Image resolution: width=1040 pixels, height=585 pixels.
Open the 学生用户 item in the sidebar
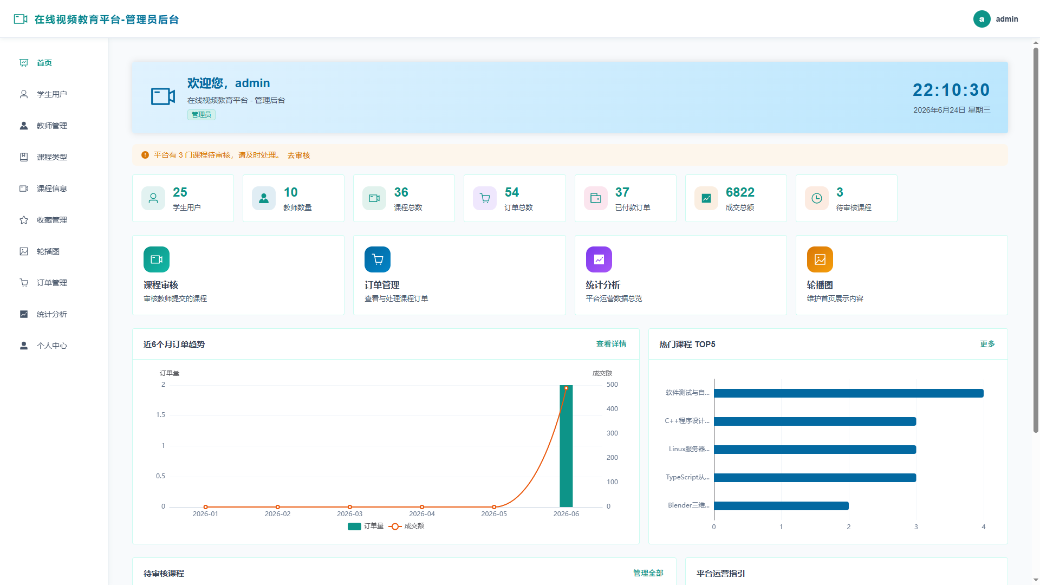coord(51,94)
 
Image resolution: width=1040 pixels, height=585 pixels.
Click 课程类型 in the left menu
coord(51,157)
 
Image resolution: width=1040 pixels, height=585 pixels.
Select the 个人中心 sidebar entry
coord(51,346)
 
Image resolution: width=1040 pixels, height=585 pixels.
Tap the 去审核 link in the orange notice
coord(298,155)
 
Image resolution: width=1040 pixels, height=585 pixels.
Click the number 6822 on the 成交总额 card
coord(740,192)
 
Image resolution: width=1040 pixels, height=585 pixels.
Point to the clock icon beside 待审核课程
coord(816,198)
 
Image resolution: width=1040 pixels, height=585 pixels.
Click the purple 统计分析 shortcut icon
coord(599,259)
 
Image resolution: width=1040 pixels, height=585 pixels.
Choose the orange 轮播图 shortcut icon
coord(820,259)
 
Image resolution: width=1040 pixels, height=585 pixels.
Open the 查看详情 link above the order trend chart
coord(611,344)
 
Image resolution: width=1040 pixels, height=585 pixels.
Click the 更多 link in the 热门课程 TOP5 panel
coord(987,344)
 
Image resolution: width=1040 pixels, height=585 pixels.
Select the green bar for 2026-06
coord(566,446)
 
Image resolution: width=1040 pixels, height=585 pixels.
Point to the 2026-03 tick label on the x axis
coord(349,514)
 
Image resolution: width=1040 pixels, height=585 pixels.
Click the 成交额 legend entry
coord(407,526)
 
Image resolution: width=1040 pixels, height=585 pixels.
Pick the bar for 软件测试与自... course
coord(849,393)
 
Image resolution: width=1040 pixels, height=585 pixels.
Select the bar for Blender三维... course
coord(781,506)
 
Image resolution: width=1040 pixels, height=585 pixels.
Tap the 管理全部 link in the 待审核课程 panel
coord(648,573)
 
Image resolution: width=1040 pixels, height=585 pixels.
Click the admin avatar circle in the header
coord(981,19)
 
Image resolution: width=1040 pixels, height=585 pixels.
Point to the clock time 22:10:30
coord(951,90)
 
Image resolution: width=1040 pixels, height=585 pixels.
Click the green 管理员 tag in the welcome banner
coord(201,115)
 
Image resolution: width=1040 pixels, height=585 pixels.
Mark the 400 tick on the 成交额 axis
coord(612,409)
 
